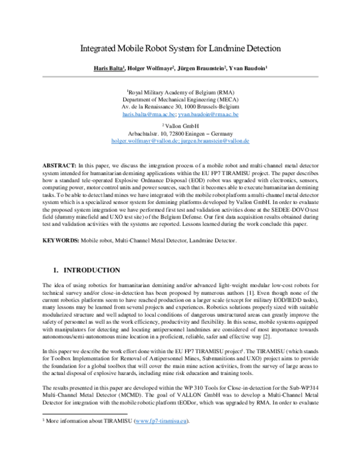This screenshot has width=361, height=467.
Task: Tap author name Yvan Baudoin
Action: pos(248,69)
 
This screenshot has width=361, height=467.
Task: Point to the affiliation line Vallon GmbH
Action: pos(180,125)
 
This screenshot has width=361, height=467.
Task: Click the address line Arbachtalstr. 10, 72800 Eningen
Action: pos(180,132)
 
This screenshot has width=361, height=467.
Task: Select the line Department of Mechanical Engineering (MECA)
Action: pos(180,99)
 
